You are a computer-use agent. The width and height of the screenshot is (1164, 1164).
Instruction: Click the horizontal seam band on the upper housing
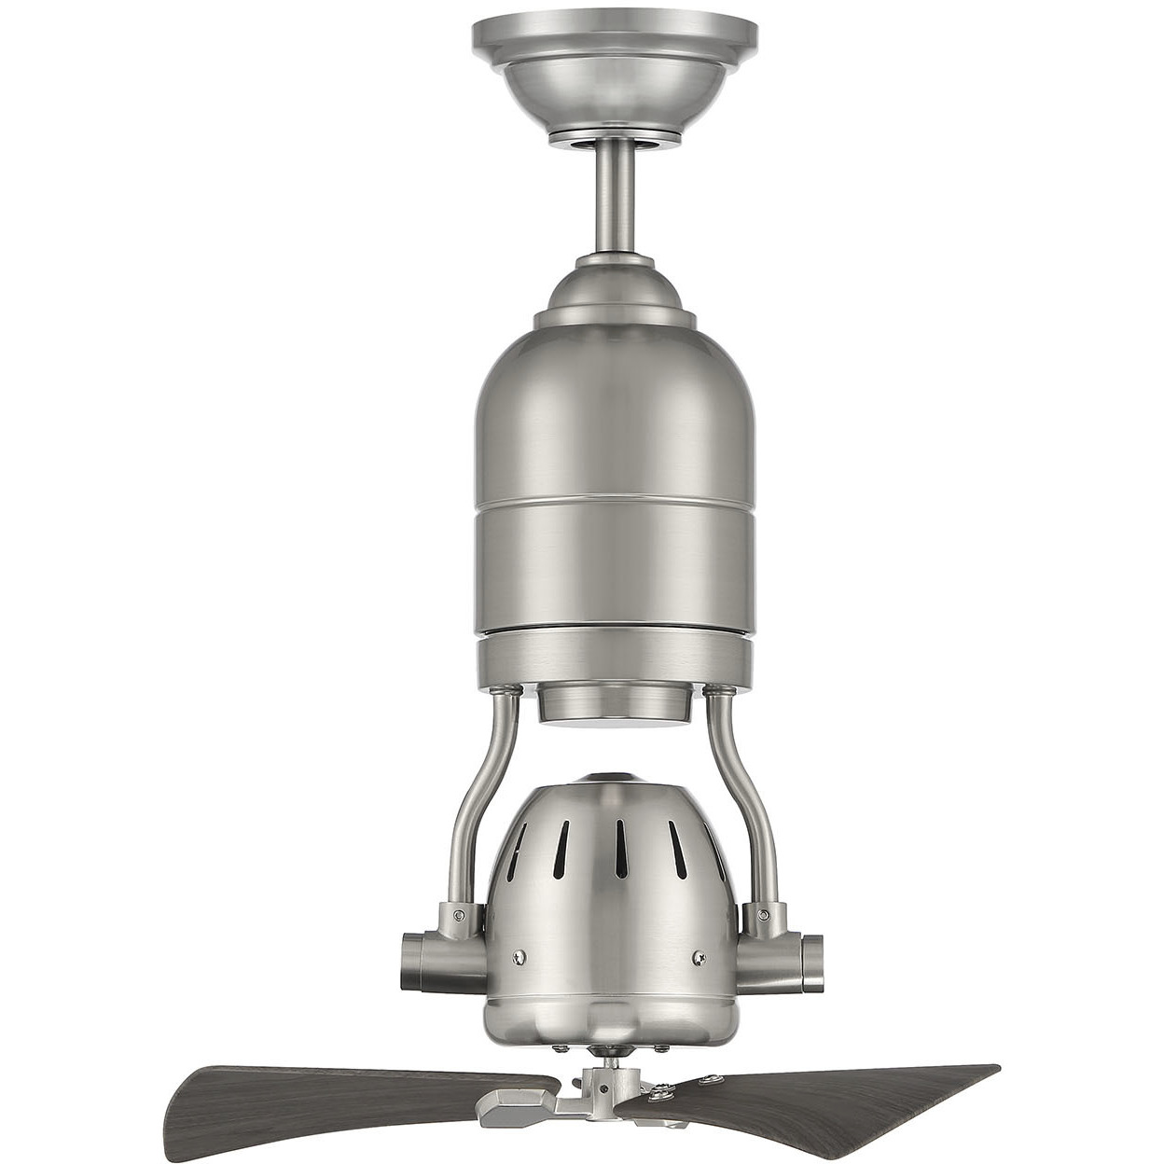(615, 503)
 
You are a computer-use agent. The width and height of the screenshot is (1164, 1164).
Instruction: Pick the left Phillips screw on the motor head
(520, 957)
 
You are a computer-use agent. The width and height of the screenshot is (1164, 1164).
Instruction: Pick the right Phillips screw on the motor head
(699, 957)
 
